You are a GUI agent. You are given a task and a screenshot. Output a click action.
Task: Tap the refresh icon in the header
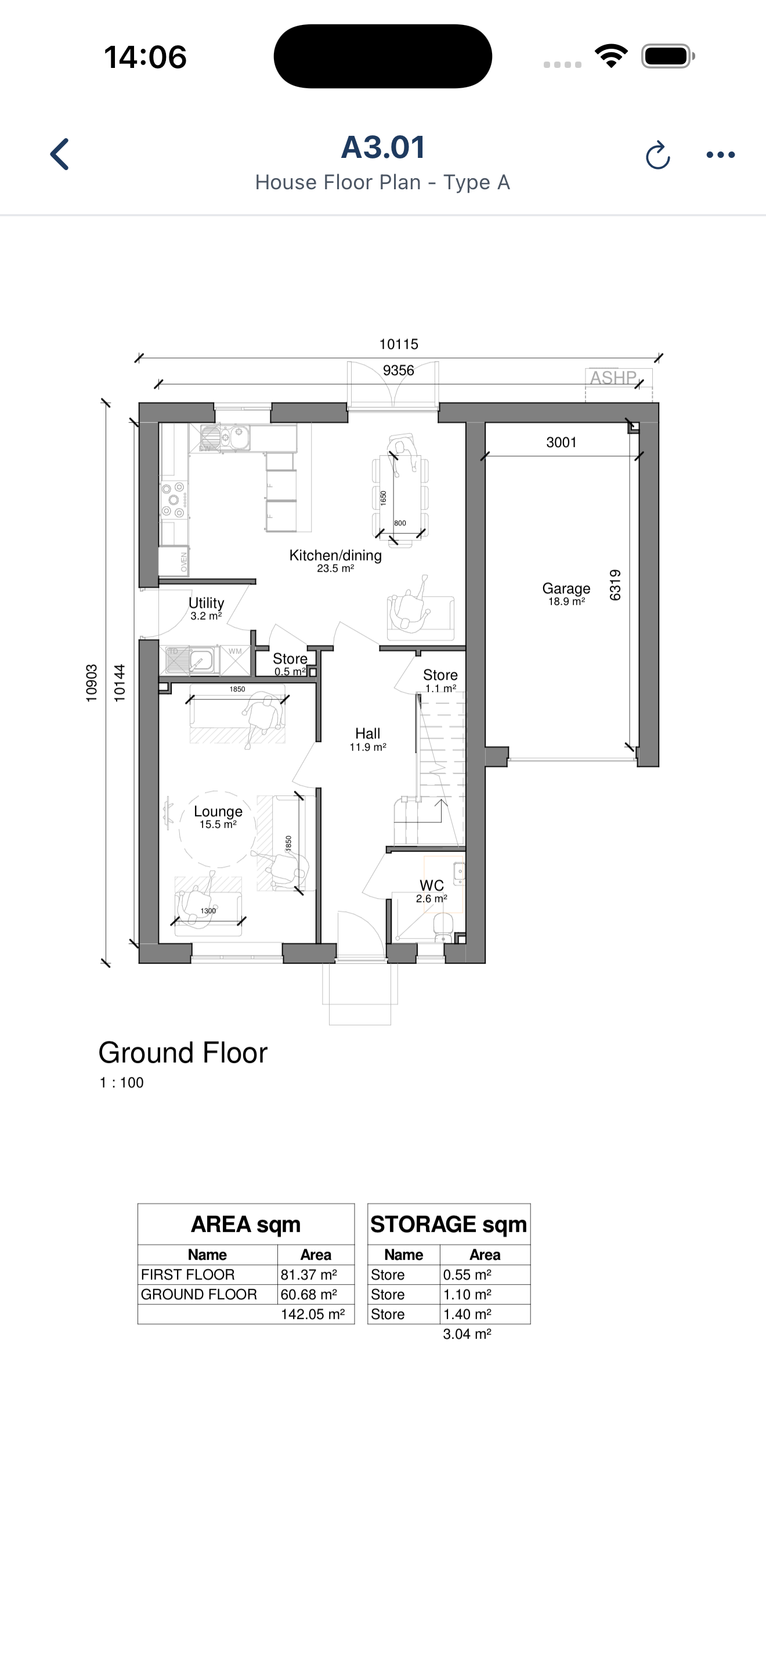(657, 155)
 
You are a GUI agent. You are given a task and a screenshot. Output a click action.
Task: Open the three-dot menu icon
(720, 155)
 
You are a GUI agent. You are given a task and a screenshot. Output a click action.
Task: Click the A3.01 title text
(383, 147)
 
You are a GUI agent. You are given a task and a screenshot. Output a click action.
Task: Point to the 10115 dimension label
(399, 344)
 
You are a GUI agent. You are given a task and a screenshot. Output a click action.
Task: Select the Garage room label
(566, 589)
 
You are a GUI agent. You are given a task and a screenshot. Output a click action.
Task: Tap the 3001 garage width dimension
(561, 443)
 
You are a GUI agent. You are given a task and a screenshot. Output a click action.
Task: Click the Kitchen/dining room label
(335, 556)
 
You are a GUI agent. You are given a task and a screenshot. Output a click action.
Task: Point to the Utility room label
(206, 603)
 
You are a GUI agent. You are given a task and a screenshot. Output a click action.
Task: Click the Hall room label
(367, 734)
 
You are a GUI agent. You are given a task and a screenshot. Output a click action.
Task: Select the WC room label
(431, 885)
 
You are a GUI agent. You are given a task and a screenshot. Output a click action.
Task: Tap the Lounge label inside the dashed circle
(218, 812)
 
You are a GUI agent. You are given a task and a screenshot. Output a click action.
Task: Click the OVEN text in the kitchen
(184, 563)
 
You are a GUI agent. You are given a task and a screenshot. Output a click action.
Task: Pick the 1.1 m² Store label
(440, 681)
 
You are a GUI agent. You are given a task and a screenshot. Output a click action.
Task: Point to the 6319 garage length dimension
(615, 585)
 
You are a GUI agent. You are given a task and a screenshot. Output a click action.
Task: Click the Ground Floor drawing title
(183, 1053)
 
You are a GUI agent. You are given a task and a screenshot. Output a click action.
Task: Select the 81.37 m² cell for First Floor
(309, 1275)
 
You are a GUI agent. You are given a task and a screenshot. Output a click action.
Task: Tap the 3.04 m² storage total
(467, 1334)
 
